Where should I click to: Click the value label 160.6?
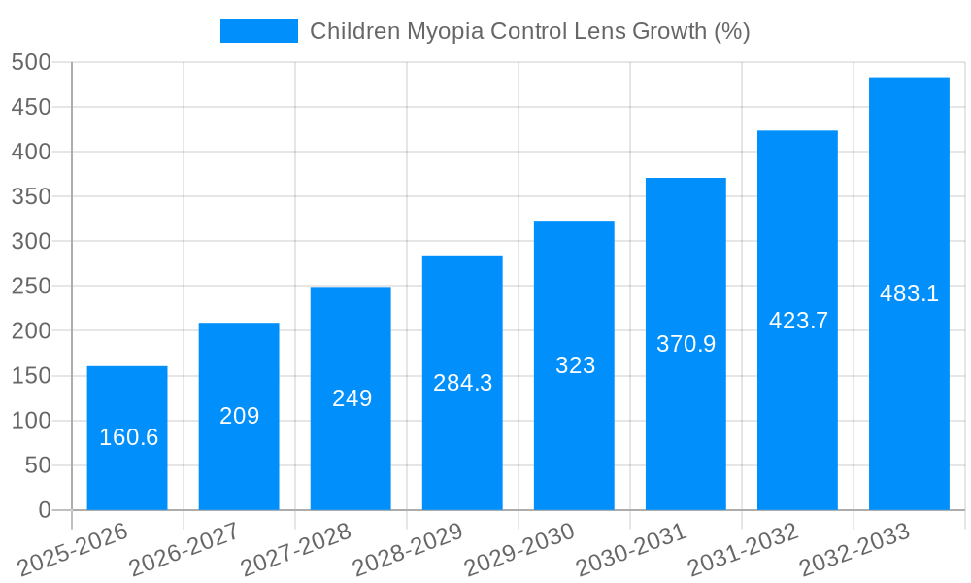(x=128, y=437)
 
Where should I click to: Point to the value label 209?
(x=239, y=416)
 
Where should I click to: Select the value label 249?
(x=352, y=398)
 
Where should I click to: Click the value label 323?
(x=575, y=365)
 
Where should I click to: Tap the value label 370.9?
(x=686, y=344)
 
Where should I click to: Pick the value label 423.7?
(x=798, y=321)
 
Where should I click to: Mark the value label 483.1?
(x=909, y=293)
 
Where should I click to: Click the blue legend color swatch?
(x=259, y=31)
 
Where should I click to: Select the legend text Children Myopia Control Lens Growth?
(x=529, y=31)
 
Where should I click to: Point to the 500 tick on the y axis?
(x=31, y=62)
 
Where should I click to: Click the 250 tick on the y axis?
(x=31, y=287)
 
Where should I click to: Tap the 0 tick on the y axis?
(x=44, y=510)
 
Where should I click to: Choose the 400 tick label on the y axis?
(x=31, y=152)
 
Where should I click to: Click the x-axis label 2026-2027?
(x=184, y=550)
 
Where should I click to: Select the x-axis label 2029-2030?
(x=519, y=550)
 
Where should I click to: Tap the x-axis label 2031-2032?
(x=743, y=550)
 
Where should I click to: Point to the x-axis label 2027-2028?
(x=296, y=550)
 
